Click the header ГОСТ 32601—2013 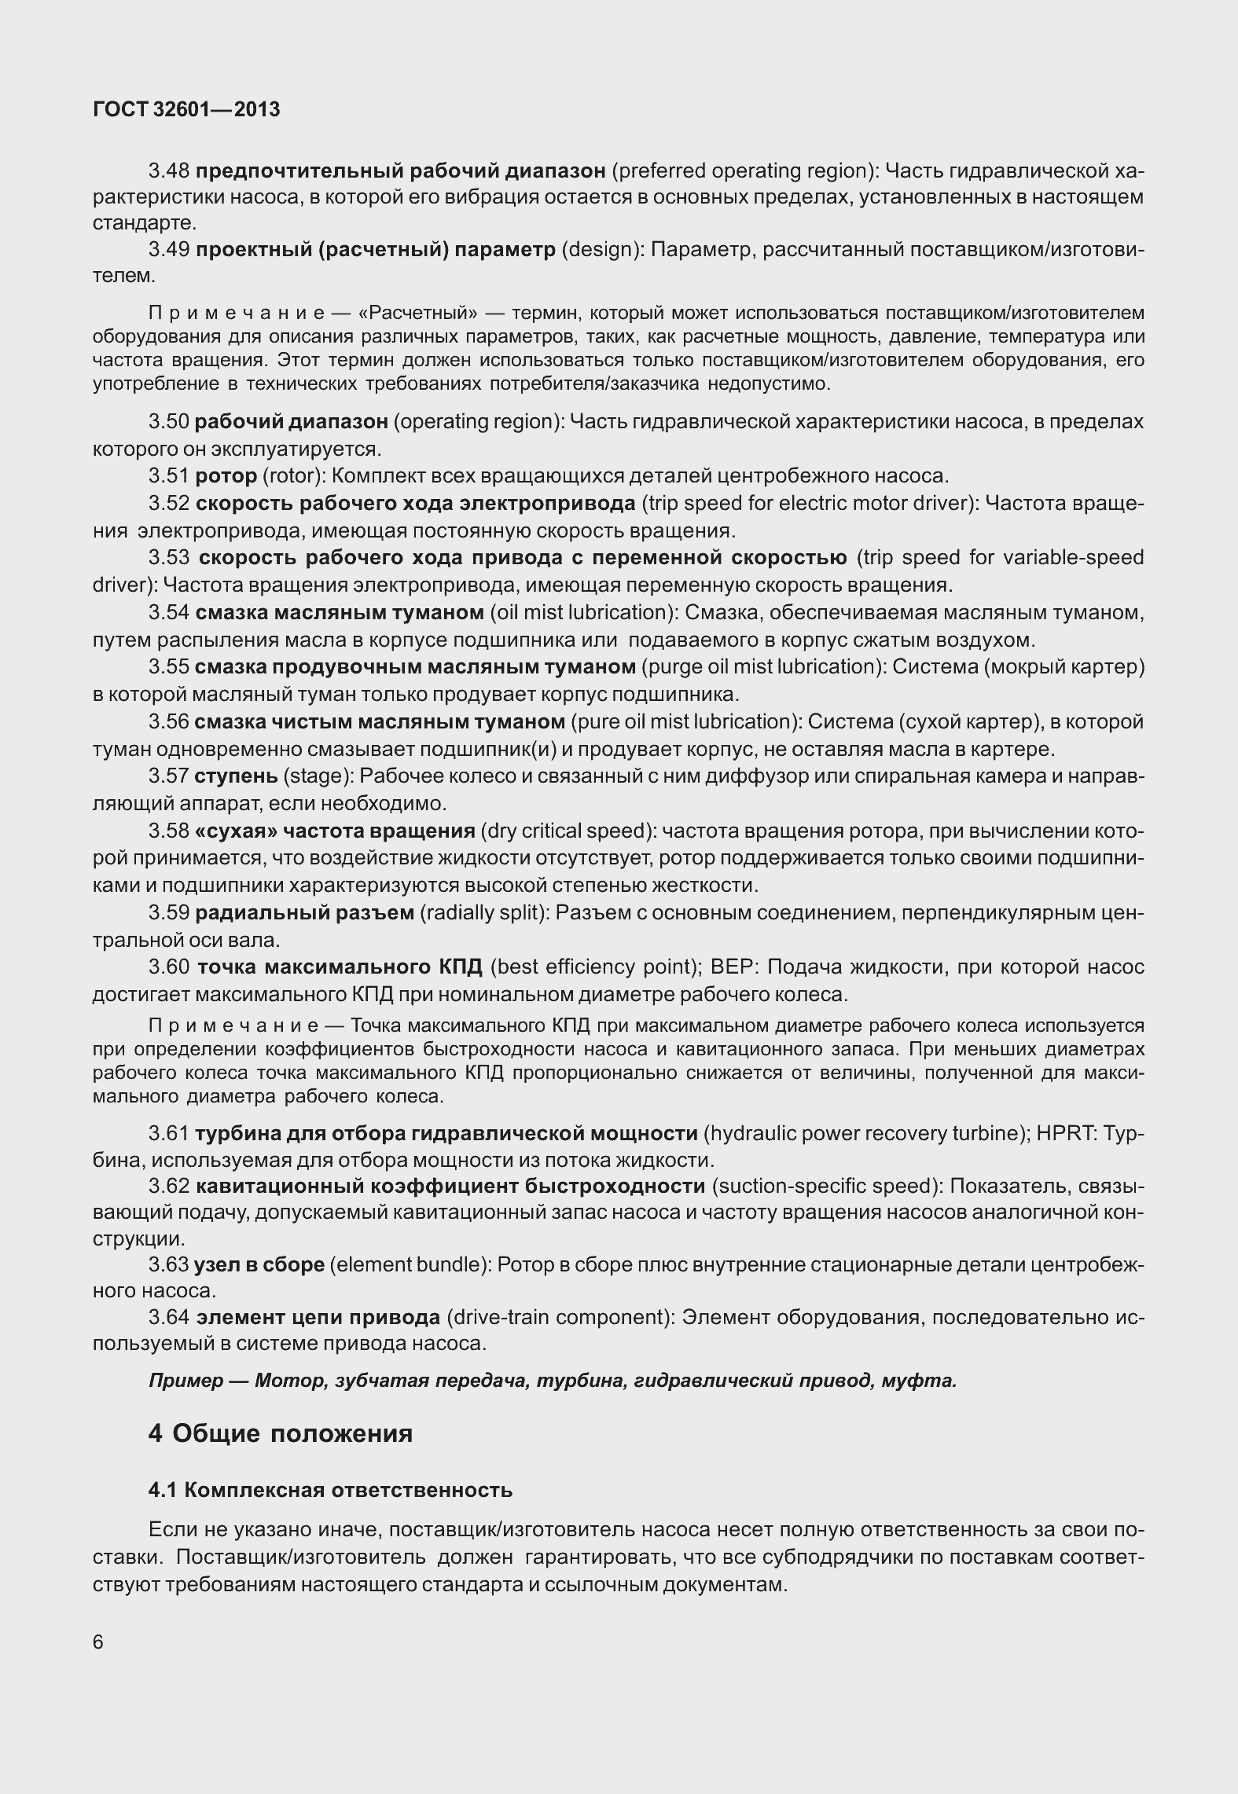[186, 110]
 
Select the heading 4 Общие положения [280, 1433]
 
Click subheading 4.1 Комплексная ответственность [330, 1490]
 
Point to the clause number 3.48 [168, 171]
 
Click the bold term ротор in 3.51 [226, 476]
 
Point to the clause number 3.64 [169, 1317]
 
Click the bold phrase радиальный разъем [304, 913]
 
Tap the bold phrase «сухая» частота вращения [334, 831]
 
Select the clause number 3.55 [168, 667]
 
